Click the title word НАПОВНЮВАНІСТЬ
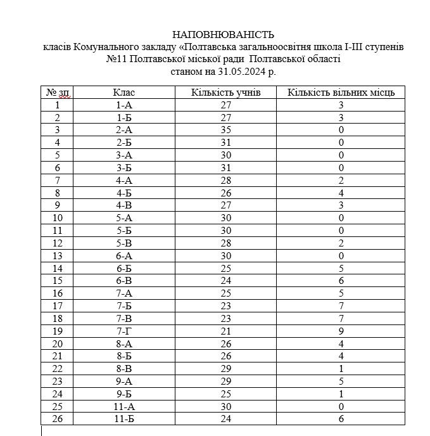pyautogui.click(x=224, y=34)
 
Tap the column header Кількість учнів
pyautogui.click(x=225, y=93)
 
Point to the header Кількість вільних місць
pyautogui.click(x=341, y=93)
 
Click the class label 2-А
pyautogui.click(x=124, y=130)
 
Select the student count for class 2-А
pyautogui.click(x=225, y=130)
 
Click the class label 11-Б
pyautogui.click(x=124, y=419)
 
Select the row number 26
pyautogui.click(x=58, y=419)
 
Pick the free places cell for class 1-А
pyautogui.click(x=341, y=106)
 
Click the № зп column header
pyautogui.click(x=58, y=93)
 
